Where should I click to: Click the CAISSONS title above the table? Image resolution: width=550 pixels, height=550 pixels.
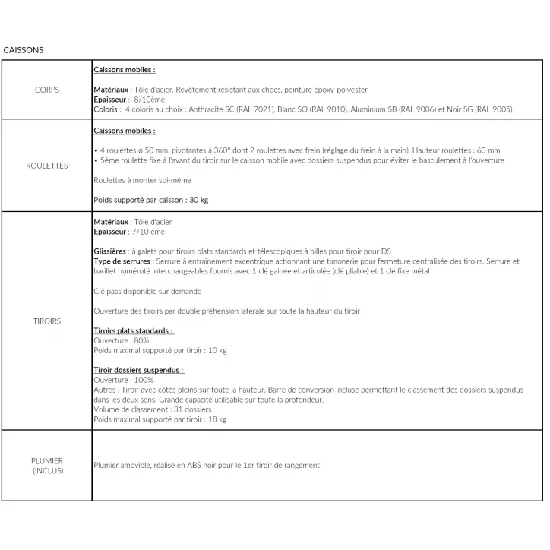[x=24, y=50]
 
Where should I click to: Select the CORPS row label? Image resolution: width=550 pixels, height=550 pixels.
[x=47, y=90]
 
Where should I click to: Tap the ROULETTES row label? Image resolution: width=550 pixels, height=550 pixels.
[x=47, y=166]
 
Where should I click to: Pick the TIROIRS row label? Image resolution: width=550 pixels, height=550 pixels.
[x=47, y=321]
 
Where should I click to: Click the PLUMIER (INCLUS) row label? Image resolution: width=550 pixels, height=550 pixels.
[x=47, y=465]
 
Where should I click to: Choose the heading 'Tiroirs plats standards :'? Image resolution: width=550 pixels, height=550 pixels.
[x=133, y=330]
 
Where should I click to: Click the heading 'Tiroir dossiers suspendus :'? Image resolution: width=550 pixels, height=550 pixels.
[x=139, y=370]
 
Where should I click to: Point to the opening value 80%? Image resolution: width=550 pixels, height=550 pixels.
[x=141, y=340]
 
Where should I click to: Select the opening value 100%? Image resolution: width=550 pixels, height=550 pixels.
[x=143, y=380]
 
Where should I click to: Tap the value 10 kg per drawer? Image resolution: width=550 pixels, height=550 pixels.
[x=217, y=350]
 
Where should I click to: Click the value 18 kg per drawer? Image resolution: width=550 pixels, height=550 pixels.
[x=217, y=419]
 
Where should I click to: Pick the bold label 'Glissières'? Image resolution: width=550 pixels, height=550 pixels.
[x=110, y=251]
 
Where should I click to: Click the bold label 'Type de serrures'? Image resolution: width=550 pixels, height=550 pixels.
[x=122, y=261]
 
